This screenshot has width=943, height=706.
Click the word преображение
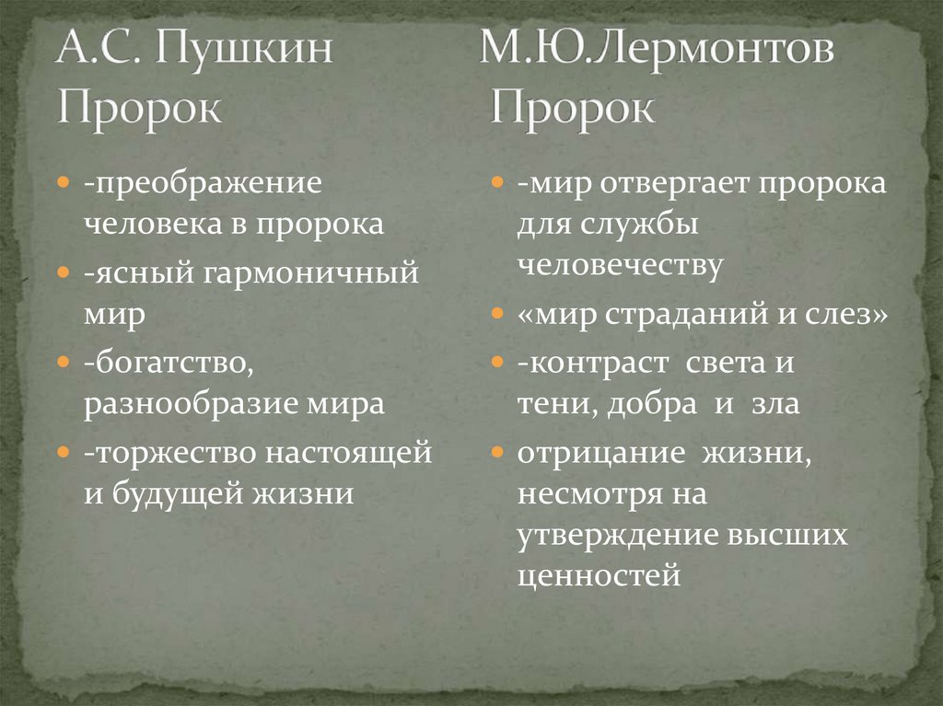tap(205, 182)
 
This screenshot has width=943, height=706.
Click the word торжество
tap(174, 451)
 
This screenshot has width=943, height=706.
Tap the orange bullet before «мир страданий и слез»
tap(497, 315)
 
